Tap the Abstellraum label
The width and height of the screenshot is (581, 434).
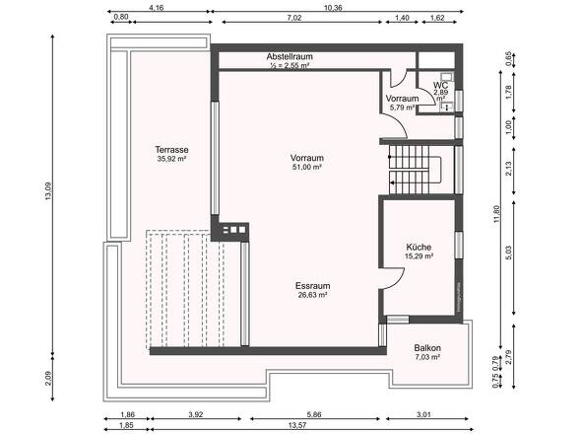[289, 57]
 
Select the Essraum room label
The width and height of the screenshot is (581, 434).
[311, 285]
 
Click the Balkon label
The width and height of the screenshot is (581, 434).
[427, 349]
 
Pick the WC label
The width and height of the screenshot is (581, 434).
[440, 85]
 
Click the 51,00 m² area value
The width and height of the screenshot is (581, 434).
[307, 168]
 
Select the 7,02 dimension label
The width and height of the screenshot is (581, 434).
[294, 18]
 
